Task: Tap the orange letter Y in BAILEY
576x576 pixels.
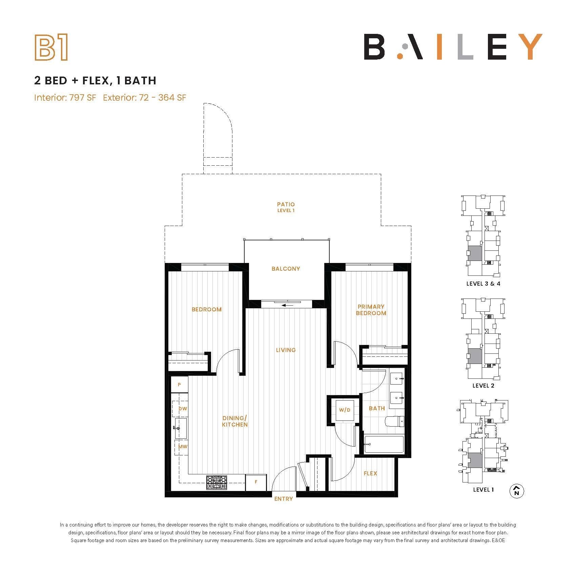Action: [528, 47]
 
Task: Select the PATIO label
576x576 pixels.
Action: [286, 204]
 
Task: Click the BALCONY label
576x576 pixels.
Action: [286, 269]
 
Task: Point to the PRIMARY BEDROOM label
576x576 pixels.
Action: [371, 310]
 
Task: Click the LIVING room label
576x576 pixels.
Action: [286, 350]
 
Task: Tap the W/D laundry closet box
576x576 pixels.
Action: [345, 410]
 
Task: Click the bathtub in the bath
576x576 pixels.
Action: [384, 444]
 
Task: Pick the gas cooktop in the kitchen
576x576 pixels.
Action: [217, 482]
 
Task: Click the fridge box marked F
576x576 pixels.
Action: [256, 482]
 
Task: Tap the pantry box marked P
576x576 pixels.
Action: [179, 385]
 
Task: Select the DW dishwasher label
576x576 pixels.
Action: [183, 409]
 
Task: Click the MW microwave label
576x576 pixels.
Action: [183, 447]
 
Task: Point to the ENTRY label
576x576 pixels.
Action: [283, 499]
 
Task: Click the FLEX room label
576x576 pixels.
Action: [370, 473]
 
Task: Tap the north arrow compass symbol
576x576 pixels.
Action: [517, 491]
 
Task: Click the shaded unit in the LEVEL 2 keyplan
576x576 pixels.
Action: [475, 356]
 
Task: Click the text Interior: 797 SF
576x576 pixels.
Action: [65, 98]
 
